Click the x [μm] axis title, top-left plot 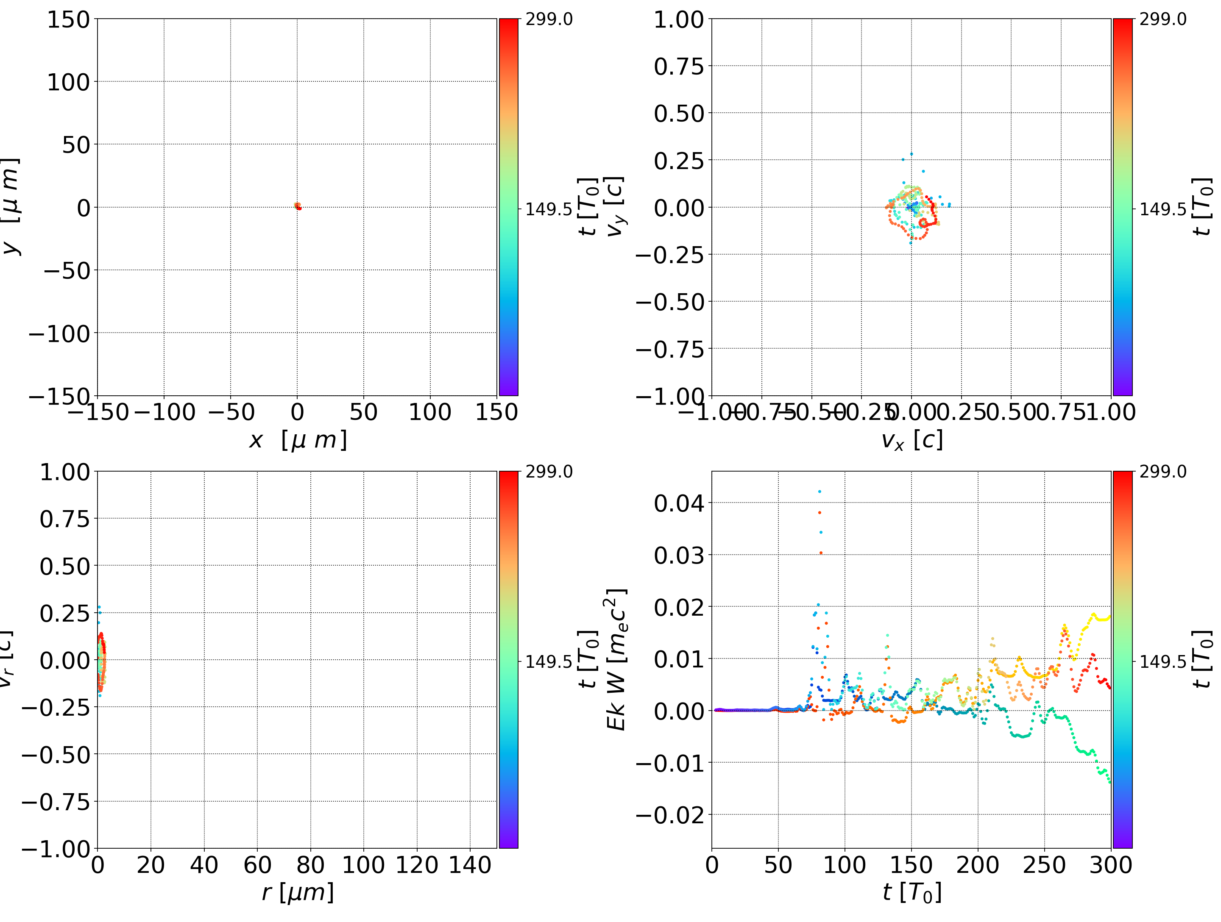pos(298,440)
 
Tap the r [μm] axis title pos(298,892)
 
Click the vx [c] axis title pos(912,440)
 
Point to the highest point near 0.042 pos(820,492)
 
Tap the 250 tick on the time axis pos(1044,865)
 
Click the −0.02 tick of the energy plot pos(670,815)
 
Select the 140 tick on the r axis pos(470,865)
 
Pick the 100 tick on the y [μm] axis pos(68,82)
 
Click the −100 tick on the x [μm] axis pos(164,412)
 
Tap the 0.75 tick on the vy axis pos(679,67)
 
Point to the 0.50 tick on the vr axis pos(64,566)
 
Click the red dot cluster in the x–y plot pos(298,206)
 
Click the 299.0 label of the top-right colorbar pos(1162,20)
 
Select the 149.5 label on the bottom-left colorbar pos(548,661)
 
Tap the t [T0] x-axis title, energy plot pos(912,892)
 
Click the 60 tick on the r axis pos(257,865)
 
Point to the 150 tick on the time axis pos(912,865)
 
